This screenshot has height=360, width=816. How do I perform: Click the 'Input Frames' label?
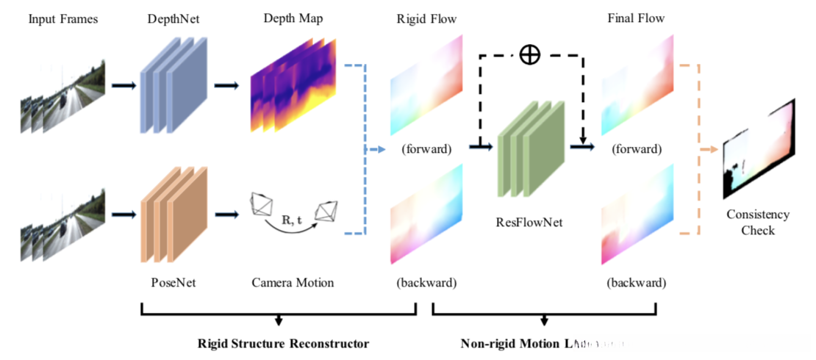[x=63, y=18]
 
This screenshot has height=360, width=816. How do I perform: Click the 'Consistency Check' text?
[x=758, y=222]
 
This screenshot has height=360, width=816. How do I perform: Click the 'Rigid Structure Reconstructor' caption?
[x=283, y=343]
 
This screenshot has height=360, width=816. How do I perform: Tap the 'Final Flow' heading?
[x=637, y=18]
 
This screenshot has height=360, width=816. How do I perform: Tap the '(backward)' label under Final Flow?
[x=637, y=282]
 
